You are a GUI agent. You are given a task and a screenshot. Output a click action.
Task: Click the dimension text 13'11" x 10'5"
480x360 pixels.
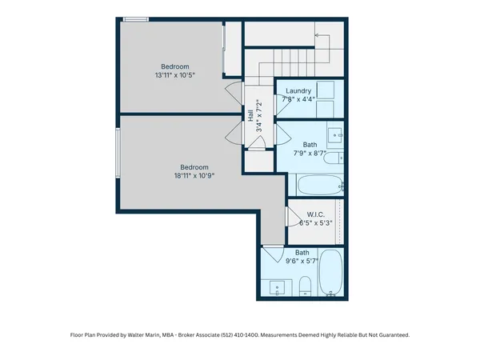(174, 75)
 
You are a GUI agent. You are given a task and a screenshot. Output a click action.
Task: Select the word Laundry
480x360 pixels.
(298, 90)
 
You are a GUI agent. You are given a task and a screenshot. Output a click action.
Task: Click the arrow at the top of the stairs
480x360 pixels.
(318, 36)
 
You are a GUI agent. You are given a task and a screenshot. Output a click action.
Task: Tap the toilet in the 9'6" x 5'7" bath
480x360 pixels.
(306, 286)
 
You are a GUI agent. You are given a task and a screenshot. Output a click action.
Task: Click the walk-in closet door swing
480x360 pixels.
(293, 216)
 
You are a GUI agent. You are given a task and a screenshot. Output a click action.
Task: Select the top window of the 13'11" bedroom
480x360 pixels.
(136, 19)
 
